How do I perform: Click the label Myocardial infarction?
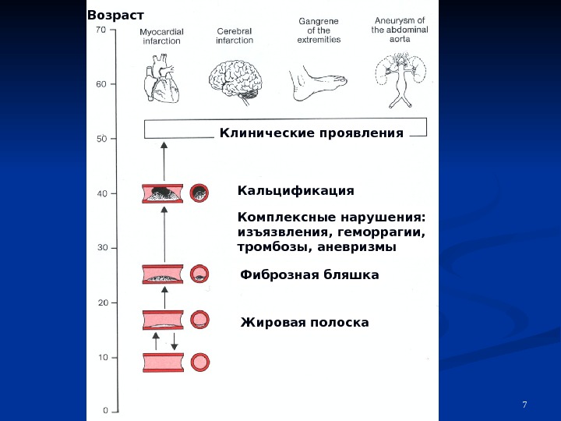(x=161, y=37)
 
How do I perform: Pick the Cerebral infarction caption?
(x=235, y=36)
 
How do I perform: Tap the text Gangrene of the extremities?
(x=319, y=30)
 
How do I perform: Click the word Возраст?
(x=115, y=15)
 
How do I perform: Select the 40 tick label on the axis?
(x=101, y=193)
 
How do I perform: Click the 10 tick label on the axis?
(x=101, y=357)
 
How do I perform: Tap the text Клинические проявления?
(x=312, y=133)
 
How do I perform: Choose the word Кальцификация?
(x=295, y=191)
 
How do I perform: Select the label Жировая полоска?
(x=305, y=322)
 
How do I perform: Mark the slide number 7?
(x=524, y=404)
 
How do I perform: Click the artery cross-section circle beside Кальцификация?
(x=200, y=193)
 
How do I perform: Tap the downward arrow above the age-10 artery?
(x=174, y=341)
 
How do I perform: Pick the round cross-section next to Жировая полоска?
(x=200, y=320)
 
